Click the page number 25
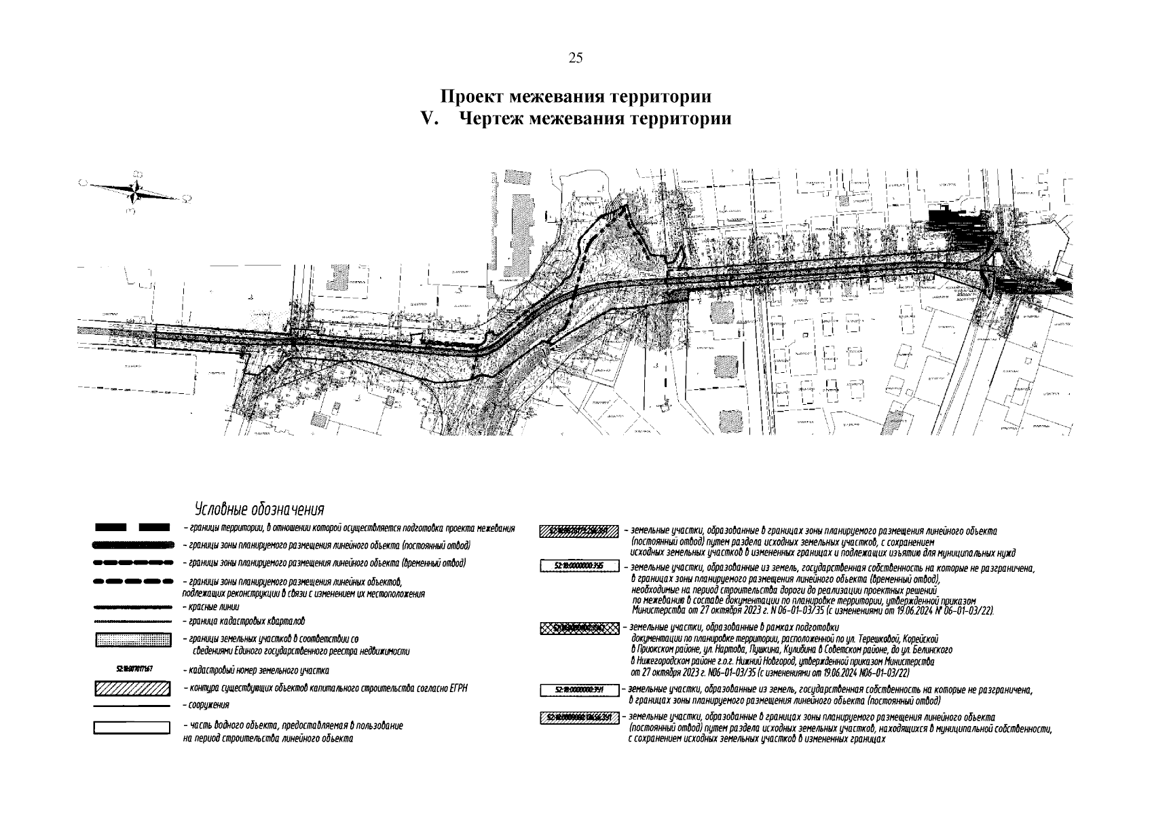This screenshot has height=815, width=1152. tap(576, 58)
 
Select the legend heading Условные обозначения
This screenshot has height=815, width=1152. tap(259, 509)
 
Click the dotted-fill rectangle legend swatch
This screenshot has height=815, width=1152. tap(132, 640)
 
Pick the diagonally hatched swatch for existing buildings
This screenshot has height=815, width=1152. tap(132, 688)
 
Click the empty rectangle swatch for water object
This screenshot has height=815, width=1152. tap(132, 727)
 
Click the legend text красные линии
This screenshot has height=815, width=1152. tap(210, 606)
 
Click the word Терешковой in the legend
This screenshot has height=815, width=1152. tap(880, 639)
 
